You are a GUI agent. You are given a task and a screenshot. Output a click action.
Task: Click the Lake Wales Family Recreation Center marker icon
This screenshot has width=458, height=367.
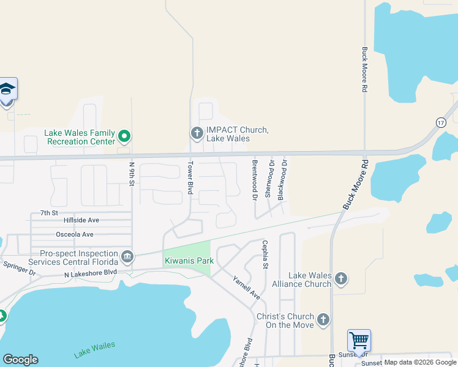tap(124, 136)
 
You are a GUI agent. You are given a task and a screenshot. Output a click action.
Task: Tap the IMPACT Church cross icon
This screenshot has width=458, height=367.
tap(197, 133)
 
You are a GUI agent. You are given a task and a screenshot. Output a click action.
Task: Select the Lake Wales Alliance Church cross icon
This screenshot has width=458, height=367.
tap(341, 280)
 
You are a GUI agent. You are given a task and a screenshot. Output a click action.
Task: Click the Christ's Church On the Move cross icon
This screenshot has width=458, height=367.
tap(323, 320)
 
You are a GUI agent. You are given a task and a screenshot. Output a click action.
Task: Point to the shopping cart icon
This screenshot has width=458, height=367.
tap(358, 339)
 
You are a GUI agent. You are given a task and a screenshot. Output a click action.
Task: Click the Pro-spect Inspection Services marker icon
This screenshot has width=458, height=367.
tap(127, 256)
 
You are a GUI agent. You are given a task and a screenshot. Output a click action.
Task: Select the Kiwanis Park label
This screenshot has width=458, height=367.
tap(189, 261)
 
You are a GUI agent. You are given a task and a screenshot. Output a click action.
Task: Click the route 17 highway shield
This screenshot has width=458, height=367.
tap(441, 123)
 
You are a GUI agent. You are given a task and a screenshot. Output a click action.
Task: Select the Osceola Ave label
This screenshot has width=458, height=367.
tap(75, 234)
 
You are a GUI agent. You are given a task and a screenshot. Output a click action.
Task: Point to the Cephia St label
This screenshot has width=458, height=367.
tap(265, 254)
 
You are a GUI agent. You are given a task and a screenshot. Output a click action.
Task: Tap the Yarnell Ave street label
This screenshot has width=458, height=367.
tap(246, 288)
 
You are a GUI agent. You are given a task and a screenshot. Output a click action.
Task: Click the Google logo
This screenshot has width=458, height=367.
tap(20, 360)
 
